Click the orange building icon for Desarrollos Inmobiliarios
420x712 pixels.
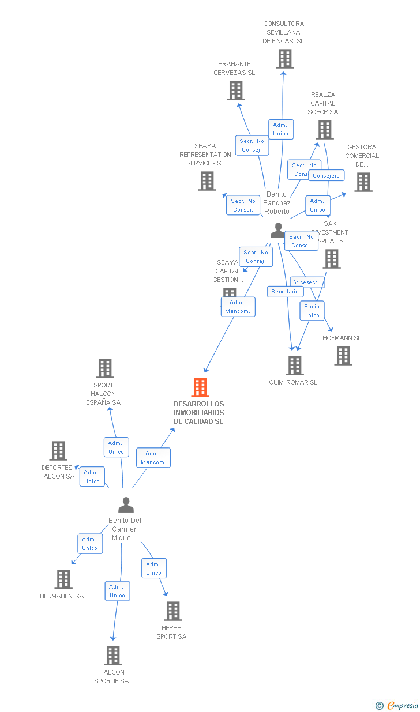pos(200,387)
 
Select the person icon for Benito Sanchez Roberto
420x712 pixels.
pos(278,231)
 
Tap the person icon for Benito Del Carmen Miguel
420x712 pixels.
pos(126,505)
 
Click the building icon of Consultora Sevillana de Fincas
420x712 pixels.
pos(284,59)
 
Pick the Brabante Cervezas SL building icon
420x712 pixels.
pos(235,91)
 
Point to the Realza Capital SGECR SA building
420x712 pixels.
pos(325,130)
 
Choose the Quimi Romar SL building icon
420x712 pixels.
pos(294,366)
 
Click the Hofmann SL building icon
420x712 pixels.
pos(343,356)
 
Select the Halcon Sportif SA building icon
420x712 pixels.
pos(113,656)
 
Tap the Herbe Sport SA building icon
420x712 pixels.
pos(172,611)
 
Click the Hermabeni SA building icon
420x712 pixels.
pos(63,579)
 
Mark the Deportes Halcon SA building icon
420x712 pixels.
pos(58,451)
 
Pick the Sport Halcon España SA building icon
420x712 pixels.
pos(104,368)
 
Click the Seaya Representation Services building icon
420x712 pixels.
pos(207,181)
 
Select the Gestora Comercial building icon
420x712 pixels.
pos(363,182)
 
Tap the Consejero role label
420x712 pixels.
pos(326,175)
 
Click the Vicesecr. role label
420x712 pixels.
pos(307,282)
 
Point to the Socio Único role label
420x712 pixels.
pos(312,311)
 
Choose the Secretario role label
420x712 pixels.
pos(285,292)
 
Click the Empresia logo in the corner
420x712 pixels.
pos(397,705)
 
